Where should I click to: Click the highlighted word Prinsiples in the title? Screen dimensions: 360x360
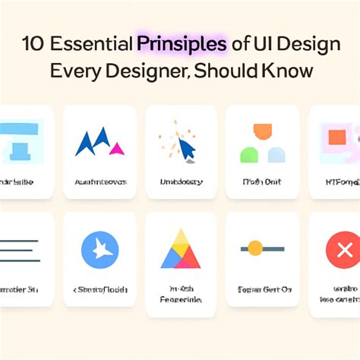pos(182,44)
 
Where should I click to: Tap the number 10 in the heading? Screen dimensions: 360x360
pos(33,44)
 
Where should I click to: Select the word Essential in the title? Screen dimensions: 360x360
pos(91,44)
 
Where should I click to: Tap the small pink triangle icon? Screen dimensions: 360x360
pos(116,148)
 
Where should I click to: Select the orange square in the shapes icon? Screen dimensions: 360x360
pos(262,132)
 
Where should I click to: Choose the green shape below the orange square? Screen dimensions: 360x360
pos(249,154)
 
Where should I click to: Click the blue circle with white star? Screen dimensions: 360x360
pos(100,249)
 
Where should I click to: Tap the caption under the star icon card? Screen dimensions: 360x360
pos(100,289)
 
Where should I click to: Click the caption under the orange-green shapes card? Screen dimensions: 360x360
pos(262,183)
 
